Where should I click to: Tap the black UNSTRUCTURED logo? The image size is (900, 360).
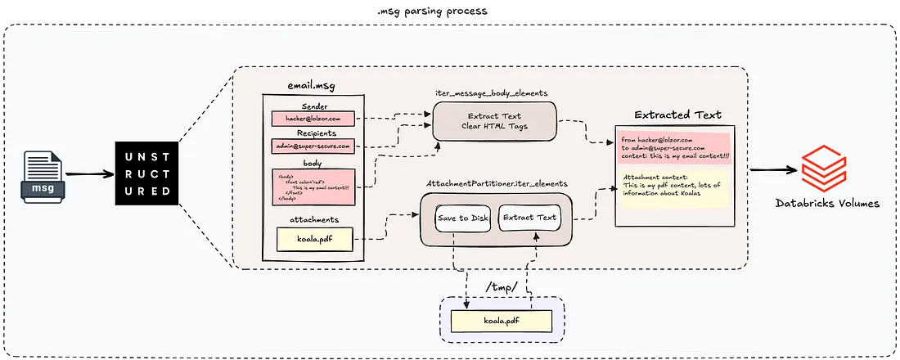144,173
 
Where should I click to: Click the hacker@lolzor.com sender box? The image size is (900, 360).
312,119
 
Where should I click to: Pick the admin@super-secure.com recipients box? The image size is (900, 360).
312,146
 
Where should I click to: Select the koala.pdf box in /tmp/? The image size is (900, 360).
502,320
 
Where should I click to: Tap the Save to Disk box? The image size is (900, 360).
462,218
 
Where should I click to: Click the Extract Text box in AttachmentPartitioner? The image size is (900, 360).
529,218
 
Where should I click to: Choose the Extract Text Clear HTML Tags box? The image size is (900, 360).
493,121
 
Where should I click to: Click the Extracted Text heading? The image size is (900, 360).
678,115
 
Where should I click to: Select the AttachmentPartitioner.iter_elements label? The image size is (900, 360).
497,185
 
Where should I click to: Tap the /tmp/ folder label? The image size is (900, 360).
500,288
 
